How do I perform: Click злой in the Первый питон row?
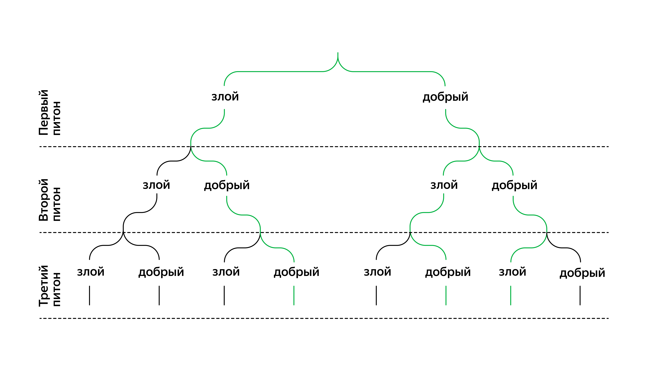225,96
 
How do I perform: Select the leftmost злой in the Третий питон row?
91,272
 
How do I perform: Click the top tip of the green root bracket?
338,53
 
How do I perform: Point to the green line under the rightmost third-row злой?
511,296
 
